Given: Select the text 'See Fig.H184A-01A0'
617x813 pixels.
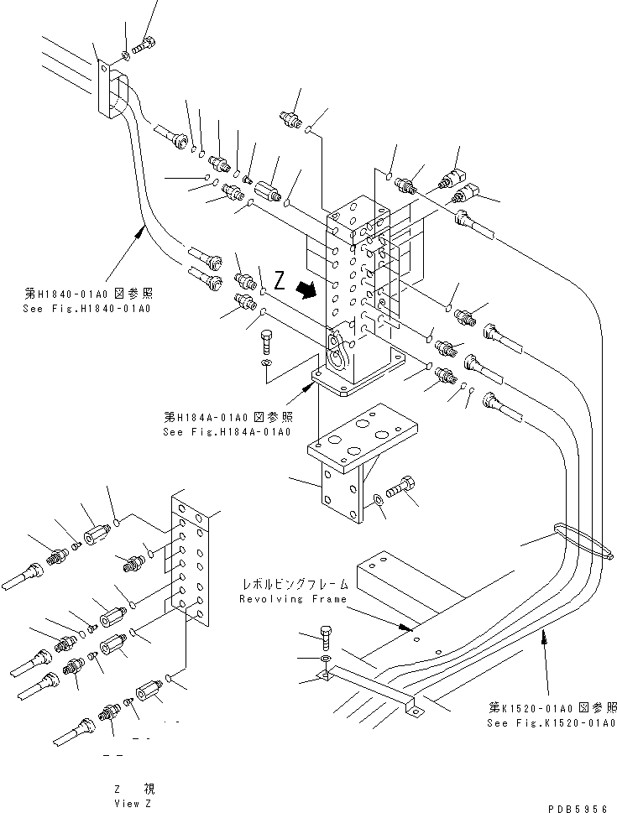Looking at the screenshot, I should point(227,431).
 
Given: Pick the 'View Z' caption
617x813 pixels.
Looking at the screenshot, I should point(133,803).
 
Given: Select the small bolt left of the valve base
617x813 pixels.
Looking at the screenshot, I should point(265,342).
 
